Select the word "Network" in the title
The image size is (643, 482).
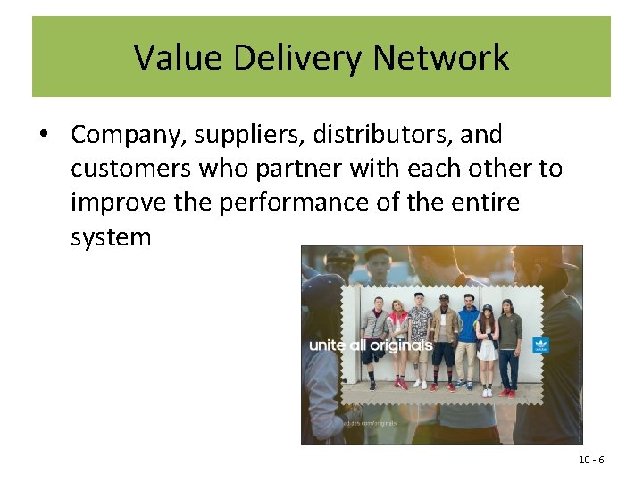pos(442,59)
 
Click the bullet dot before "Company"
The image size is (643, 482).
pos(43,135)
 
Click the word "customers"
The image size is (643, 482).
pos(128,169)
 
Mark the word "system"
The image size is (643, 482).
pos(112,237)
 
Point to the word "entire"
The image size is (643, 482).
pos(482,203)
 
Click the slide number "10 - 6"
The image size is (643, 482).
pos(591,460)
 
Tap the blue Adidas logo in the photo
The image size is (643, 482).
pos(540,345)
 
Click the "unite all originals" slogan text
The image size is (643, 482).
pos(371,345)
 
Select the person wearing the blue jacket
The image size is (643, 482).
pos(467,335)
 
